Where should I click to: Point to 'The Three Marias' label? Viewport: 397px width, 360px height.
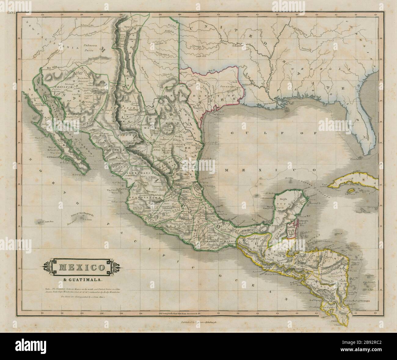(114, 192)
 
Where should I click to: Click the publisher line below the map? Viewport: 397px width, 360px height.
(198, 326)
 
